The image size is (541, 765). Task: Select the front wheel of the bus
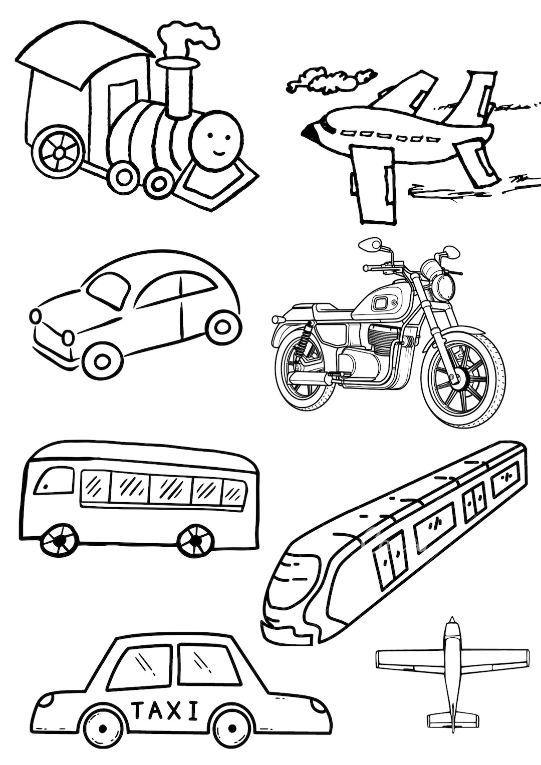click(60, 540)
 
